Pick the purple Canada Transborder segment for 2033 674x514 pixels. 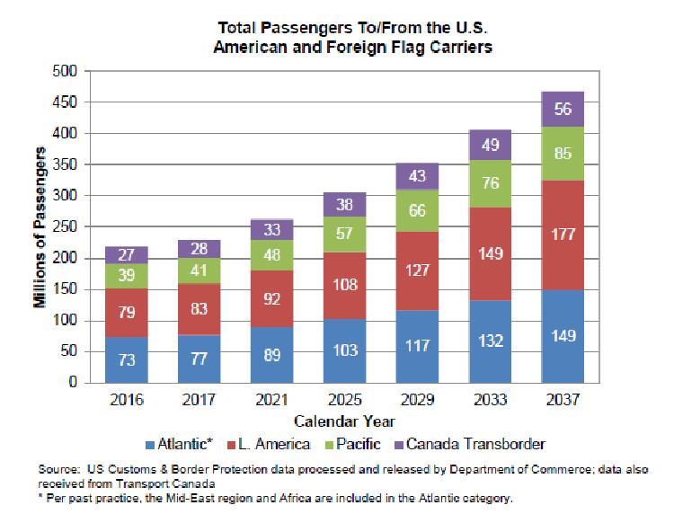(491, 144)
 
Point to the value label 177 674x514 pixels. (563, 235)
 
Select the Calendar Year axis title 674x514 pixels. (346, 420)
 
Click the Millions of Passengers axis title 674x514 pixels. (41, 226)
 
